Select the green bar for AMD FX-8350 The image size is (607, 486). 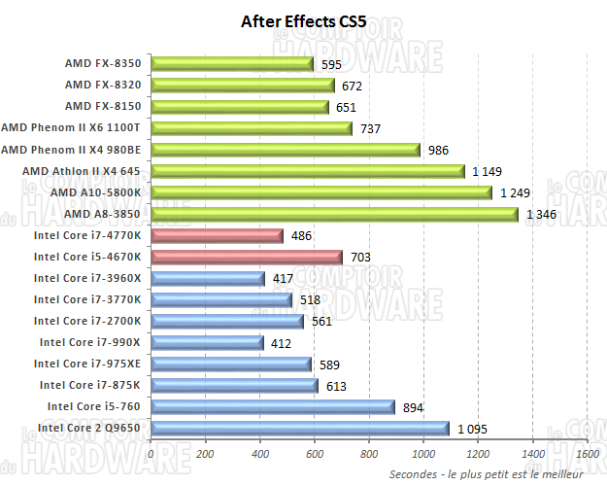[x=232, y=64]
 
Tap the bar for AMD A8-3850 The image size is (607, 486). [x=334, y=214]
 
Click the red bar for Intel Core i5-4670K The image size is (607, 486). [x=247, y=257]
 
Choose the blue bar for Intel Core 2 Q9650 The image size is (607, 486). [x=300, y=428]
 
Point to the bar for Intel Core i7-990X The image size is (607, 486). [x=207, y=342]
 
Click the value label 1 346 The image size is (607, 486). [x=542, y=214]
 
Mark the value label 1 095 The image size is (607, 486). [x=473, y=428]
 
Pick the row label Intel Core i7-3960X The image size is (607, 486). [x=87, y=278]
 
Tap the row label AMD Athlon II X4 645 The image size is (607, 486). [x=82, y=171]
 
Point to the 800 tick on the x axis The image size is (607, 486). [x=369, y=453]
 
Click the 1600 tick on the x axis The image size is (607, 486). [x=587, y=453]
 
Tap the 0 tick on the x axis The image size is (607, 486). [x=152, y=453]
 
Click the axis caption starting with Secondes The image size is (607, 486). [x=486, y=473]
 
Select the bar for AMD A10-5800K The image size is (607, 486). [x=321, y=192]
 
